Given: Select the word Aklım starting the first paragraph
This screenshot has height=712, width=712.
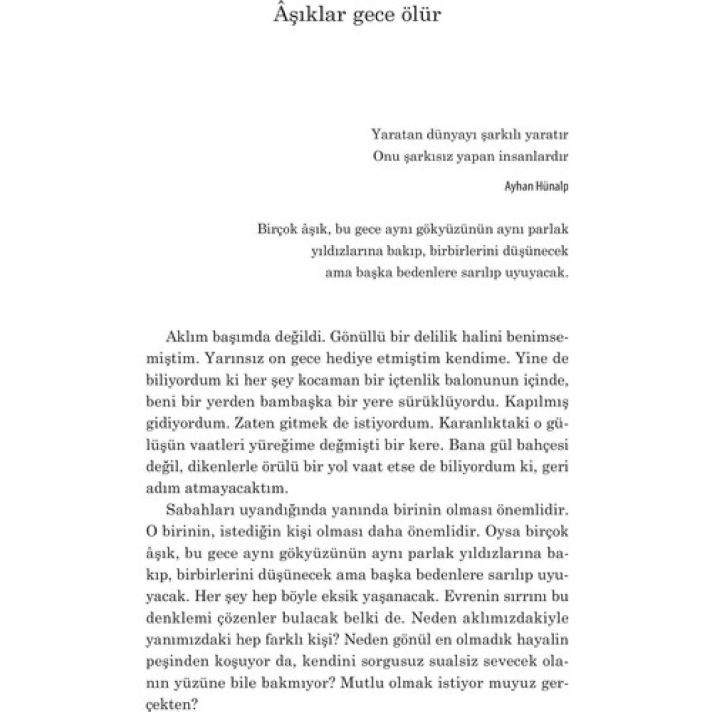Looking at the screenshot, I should (x=185, y=337).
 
